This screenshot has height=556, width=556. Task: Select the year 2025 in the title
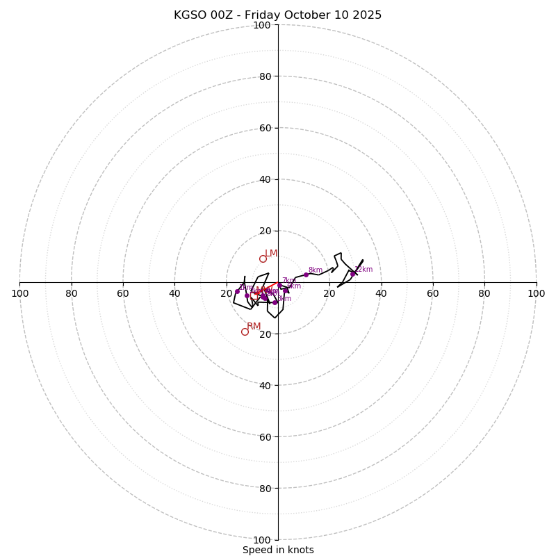click(367, 15)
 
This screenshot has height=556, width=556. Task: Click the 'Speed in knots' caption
click(278, 550)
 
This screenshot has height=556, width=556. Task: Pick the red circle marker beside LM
click(263, 259)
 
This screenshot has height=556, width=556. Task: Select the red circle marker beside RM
click(245, 332)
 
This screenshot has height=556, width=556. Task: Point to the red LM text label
click(271, 253)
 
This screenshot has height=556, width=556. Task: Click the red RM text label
click(254, 326)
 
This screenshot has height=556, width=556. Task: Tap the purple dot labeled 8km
click(306, 275)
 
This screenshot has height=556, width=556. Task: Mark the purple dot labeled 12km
click(352, 274)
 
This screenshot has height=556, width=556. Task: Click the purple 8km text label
click(315, 270)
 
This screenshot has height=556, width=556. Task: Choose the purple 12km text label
click(363, 269)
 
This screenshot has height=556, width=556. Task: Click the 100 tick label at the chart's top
click(262, 25)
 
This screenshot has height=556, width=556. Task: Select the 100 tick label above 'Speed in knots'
click(262, 539)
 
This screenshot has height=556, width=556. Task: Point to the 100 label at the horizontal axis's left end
click(19, 293)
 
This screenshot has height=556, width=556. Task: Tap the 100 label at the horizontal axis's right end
click(536, 293)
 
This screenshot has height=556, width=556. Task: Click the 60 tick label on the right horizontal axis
click(432, 293)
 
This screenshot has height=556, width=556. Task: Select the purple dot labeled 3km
click(275, 302)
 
